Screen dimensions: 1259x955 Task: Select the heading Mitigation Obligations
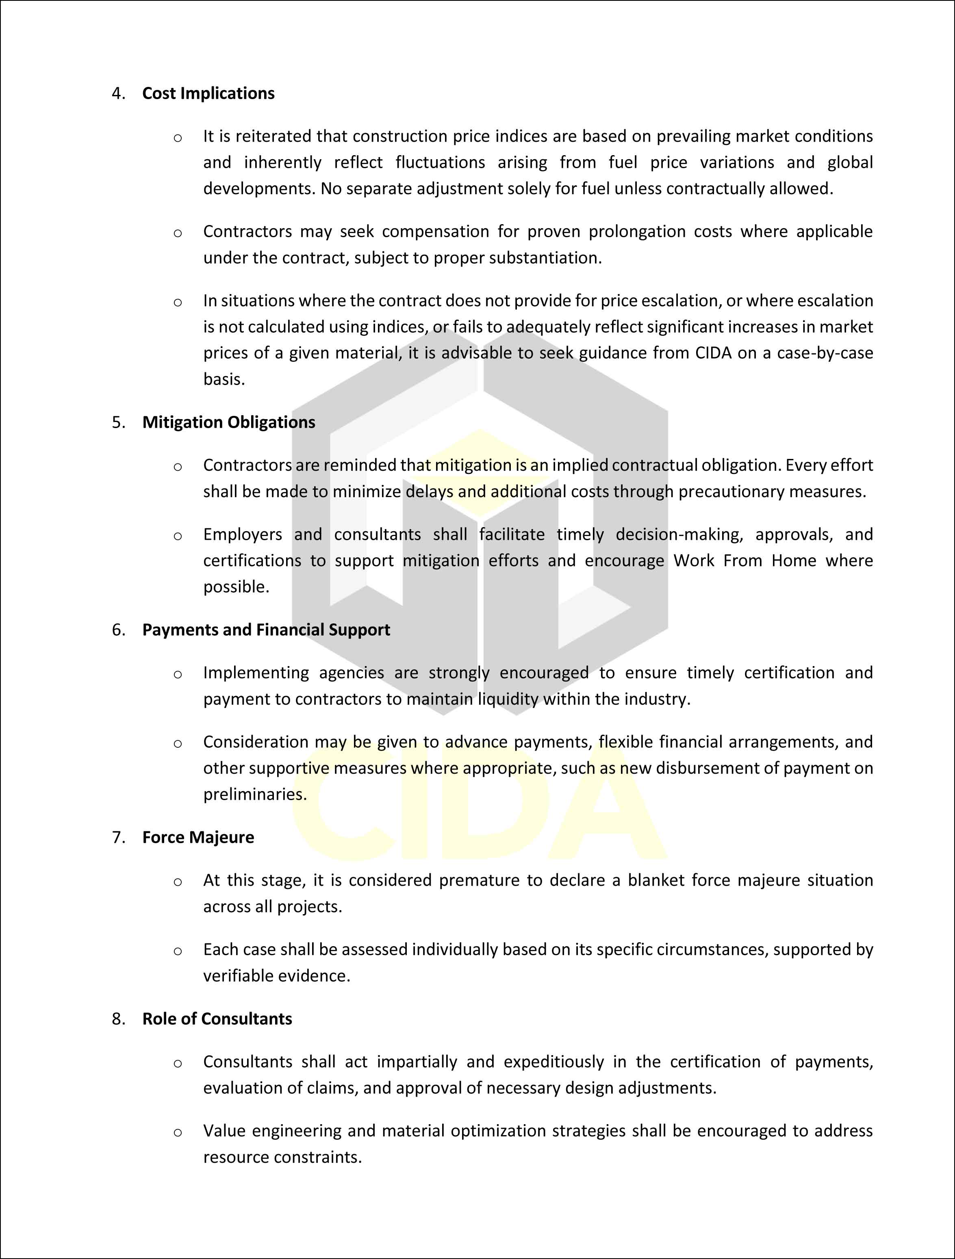[228, 422]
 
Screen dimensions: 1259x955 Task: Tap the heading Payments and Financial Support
[266, 629]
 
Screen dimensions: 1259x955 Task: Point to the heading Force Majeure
[198, 837]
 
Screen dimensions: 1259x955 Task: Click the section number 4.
[118, 93]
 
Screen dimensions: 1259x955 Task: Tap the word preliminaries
[254, 794]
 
